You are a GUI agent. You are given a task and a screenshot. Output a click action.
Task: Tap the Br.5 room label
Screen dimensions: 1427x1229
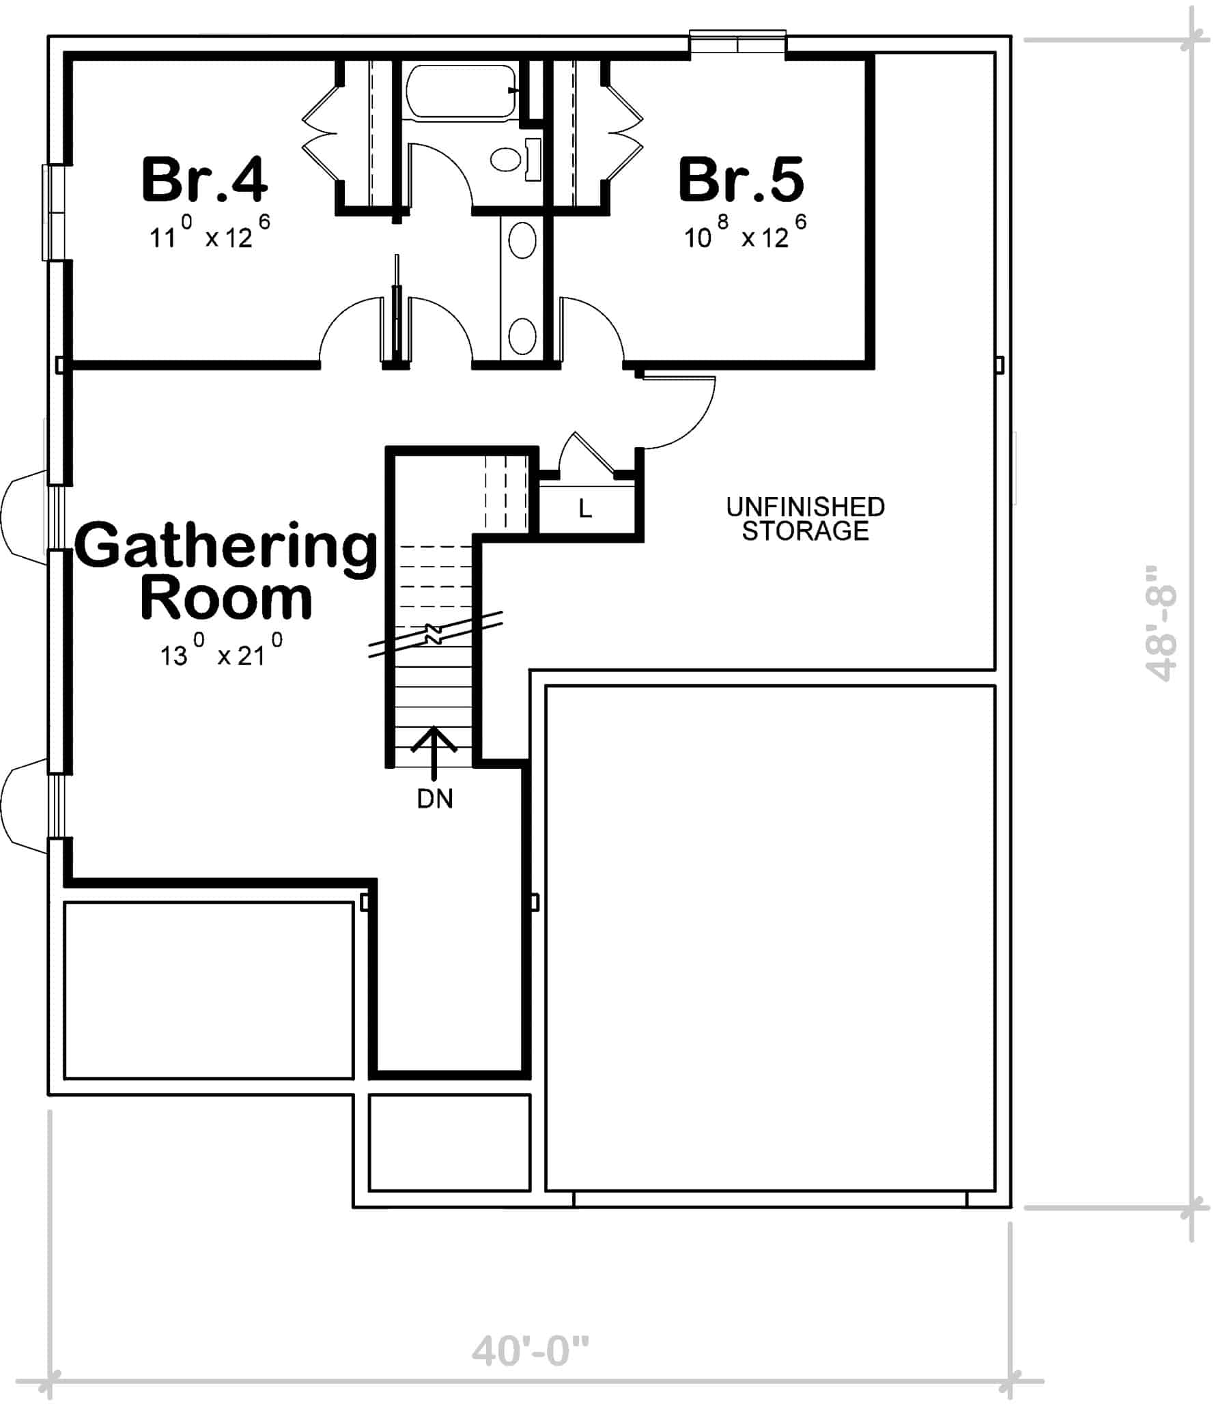pos(741,180)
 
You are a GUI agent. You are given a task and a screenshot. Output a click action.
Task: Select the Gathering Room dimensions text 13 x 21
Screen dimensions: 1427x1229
pos(221,653)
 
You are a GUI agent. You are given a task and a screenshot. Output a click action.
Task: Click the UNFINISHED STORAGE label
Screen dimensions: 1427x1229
pos(804,519)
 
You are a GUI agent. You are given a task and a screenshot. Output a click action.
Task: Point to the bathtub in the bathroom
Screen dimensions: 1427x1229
pos(460,91)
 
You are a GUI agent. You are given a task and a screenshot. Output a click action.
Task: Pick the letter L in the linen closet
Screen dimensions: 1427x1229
pos(585,509)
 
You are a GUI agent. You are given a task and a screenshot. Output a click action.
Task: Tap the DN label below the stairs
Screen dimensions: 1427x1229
pos(435,799)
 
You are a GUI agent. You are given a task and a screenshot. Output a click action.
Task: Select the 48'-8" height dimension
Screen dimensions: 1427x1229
pos(1161,623)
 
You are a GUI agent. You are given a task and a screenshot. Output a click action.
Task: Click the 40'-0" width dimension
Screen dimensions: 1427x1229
pos(530,1351)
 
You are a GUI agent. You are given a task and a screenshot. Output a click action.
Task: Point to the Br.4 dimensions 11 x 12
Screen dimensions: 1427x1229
pos(209,235)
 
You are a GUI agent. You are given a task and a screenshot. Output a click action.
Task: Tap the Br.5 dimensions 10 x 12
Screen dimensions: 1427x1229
pos(744,235)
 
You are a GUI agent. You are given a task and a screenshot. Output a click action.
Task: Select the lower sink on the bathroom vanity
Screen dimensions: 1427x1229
pos(522,336)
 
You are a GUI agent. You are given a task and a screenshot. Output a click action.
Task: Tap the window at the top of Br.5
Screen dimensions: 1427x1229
pos(738,43)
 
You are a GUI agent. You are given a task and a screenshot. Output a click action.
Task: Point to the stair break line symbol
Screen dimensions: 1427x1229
pos(435,633)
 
